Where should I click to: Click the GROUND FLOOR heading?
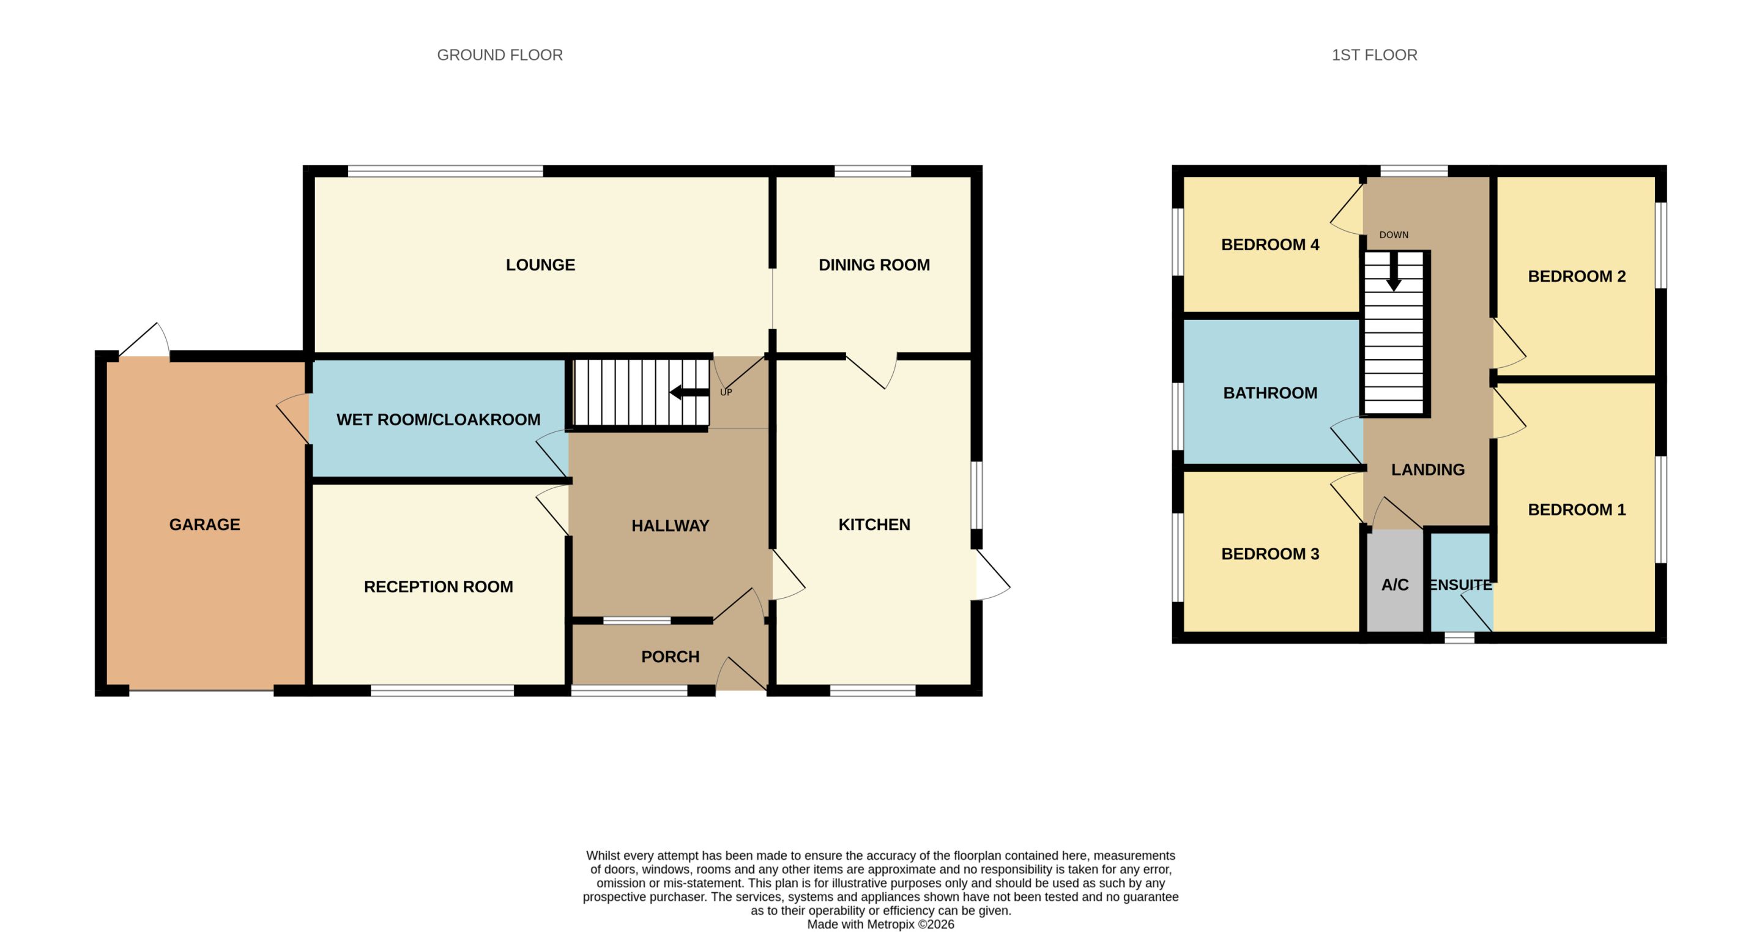[x=499, y=54]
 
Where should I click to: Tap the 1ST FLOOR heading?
[x=1374, y=54]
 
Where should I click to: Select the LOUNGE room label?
[x=540, y=265]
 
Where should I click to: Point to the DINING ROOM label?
[x=874, y=265]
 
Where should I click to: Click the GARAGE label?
[x=204, y=524]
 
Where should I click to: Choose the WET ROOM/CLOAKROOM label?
[x=439, y=419]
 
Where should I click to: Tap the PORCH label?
[x=671, y=657]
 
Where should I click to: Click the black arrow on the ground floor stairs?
[x=689, y=393]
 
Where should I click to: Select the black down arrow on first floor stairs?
[x=1393, y=272]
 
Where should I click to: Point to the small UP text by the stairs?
[x=726, y=392]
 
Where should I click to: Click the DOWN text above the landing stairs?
[x=1393, y=235]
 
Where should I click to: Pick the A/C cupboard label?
[x=1395, y=585]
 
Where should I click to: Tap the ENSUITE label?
[x=1460, y=585]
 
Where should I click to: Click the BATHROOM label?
[x=1270, y=393]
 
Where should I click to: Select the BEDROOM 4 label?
[x=1270, y=244]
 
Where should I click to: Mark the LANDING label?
[x=1427, y=469]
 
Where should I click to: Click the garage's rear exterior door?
[x=144, y=341]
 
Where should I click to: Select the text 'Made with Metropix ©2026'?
[x=880, y=925]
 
